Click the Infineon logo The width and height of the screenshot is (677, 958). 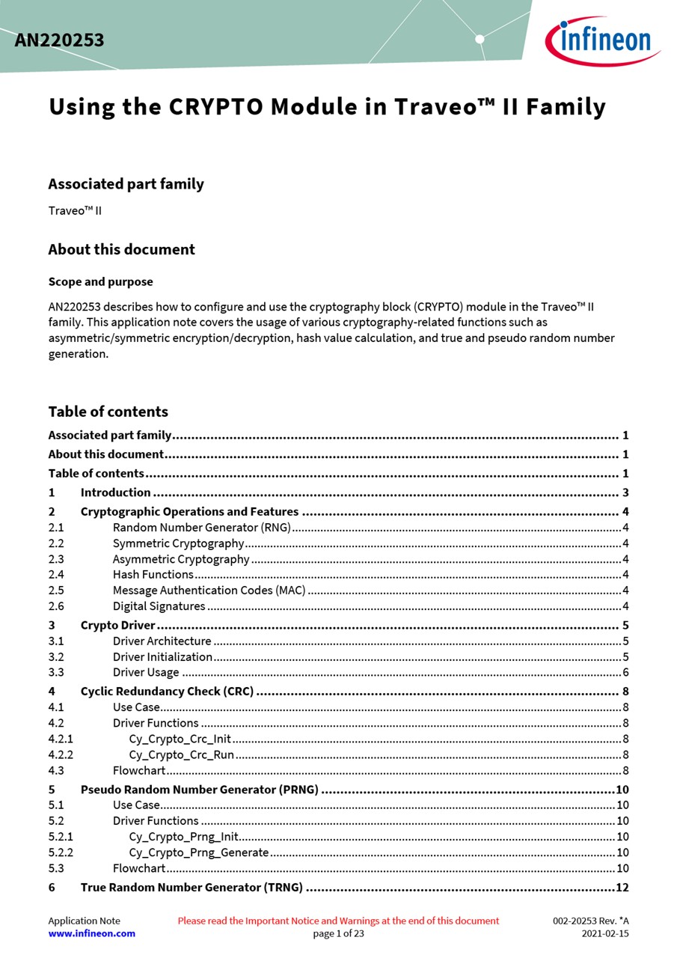click(602, 40)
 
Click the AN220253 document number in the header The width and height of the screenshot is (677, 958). click(59, 40)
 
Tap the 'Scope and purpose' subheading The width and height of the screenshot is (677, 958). click(100, 282)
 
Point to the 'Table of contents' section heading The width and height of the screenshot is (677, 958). click(108, 412)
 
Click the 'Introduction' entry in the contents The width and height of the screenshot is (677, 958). click(116, 492)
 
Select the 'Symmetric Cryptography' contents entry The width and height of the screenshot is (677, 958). click(178, 543)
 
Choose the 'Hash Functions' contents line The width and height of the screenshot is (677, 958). click(153, 575)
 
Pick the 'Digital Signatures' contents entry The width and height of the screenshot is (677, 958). click(159, 606)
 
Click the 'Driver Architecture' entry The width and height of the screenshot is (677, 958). click(162, 641)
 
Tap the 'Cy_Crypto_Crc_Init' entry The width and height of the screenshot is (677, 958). click(180, 739)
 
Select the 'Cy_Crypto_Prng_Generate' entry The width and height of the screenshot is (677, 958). click(198, 852)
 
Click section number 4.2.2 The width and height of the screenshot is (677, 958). click(61, 755)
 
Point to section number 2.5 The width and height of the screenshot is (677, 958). click(56, 591)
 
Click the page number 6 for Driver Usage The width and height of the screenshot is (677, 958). click(625, 673)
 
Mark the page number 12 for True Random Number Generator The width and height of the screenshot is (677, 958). click(622, 888)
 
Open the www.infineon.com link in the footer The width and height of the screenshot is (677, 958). click(92, 933)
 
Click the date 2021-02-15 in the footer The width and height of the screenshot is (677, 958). click(605, 933)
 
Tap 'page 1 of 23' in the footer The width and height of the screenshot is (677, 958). click(338, 933)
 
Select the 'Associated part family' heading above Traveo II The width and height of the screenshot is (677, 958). click(126, 184)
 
